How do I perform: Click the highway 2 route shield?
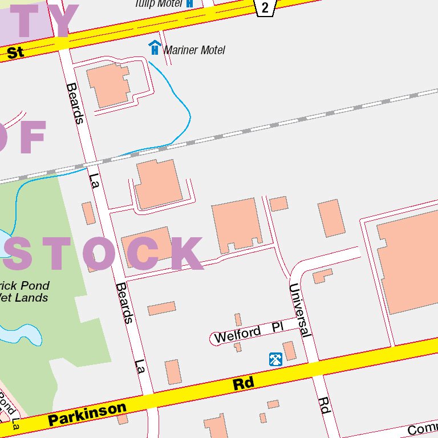pyautogui.click(x=265, y=7)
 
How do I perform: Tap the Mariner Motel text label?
pyautogui.click(x=194, y=50)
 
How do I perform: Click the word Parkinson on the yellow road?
pyautogui.click(x=87, y=415)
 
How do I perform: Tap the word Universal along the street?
pyautogui.click(x=300, y=310)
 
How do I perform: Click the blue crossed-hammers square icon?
pyautogui.click(x=275, y=359)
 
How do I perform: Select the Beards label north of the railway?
pyautogui.click(x=75, y=103)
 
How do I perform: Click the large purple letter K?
pyautogui.click(x=186, y=253)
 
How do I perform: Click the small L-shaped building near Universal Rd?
pyautogui.click(x=322, y=276)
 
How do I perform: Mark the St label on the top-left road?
pyautogui.click(x=15, y=53)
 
